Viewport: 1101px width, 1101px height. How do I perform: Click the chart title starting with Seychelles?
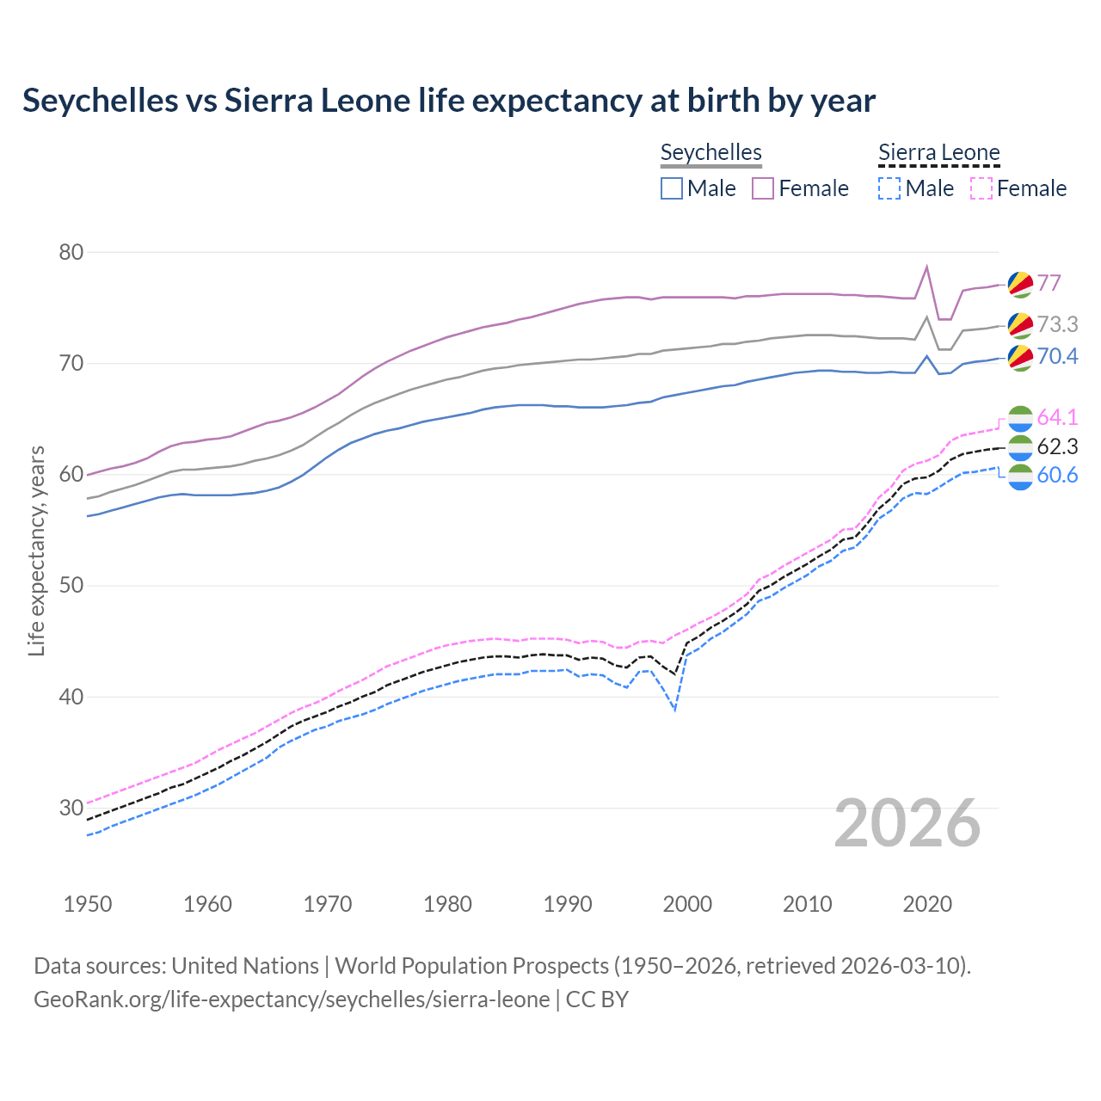click(448, 101)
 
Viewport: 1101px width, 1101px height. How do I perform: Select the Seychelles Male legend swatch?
click(672, 188)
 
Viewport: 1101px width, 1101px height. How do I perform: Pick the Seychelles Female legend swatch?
click(763, 188)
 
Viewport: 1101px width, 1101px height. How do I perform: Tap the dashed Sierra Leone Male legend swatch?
click(889, 188)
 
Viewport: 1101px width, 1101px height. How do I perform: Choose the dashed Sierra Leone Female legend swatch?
click(981, 188)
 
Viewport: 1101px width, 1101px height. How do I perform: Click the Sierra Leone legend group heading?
click(938, 153)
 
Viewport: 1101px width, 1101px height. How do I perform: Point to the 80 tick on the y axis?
click(71, 252)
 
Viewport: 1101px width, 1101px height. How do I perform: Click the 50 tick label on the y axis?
click(71, 586)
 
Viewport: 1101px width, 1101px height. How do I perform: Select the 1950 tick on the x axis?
click(88, 904)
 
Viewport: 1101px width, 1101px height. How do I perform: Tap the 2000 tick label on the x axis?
click(687, 904)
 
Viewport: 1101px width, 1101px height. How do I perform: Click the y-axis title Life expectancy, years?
click(36, 550)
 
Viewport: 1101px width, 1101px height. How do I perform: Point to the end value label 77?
click(1049, 283)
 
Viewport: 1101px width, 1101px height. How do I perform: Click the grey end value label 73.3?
click(1057, 324)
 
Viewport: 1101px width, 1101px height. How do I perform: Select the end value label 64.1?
click(1057, 417)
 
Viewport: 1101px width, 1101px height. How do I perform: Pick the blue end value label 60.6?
click(1057, 475)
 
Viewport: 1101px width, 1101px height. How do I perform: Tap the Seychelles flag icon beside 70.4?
click(1019, 357)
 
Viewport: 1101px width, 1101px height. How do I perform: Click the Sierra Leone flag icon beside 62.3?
click(1019, 446)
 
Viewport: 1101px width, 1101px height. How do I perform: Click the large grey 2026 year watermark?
click(907, 823)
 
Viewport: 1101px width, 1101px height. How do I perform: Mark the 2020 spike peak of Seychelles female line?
click(926, 267)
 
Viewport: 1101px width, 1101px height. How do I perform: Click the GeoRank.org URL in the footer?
click(292, 1000)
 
